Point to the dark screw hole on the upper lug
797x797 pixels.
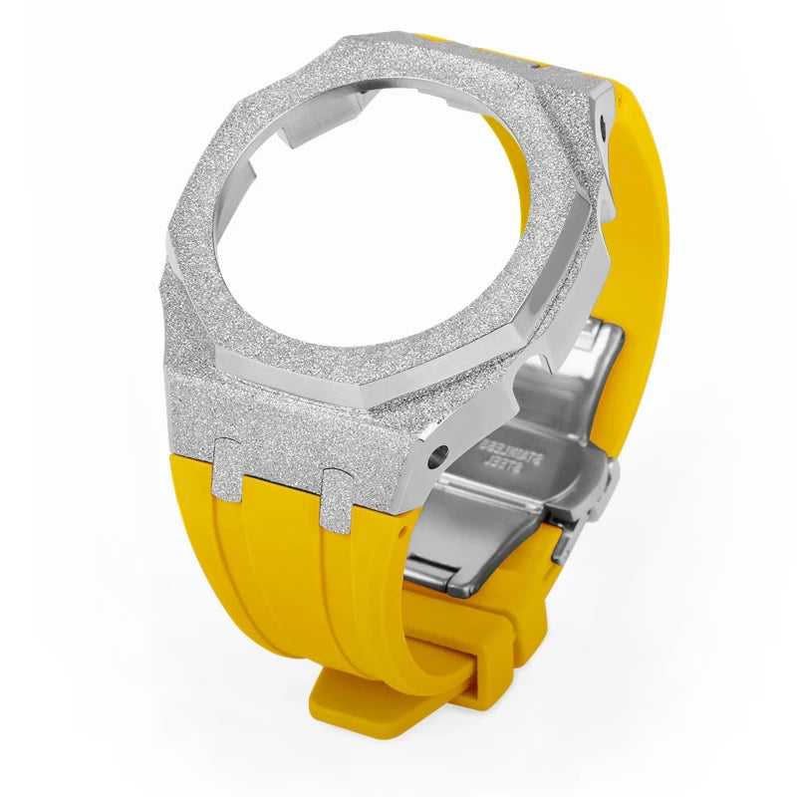[604, 123]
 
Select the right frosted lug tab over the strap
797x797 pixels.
[337, 500]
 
